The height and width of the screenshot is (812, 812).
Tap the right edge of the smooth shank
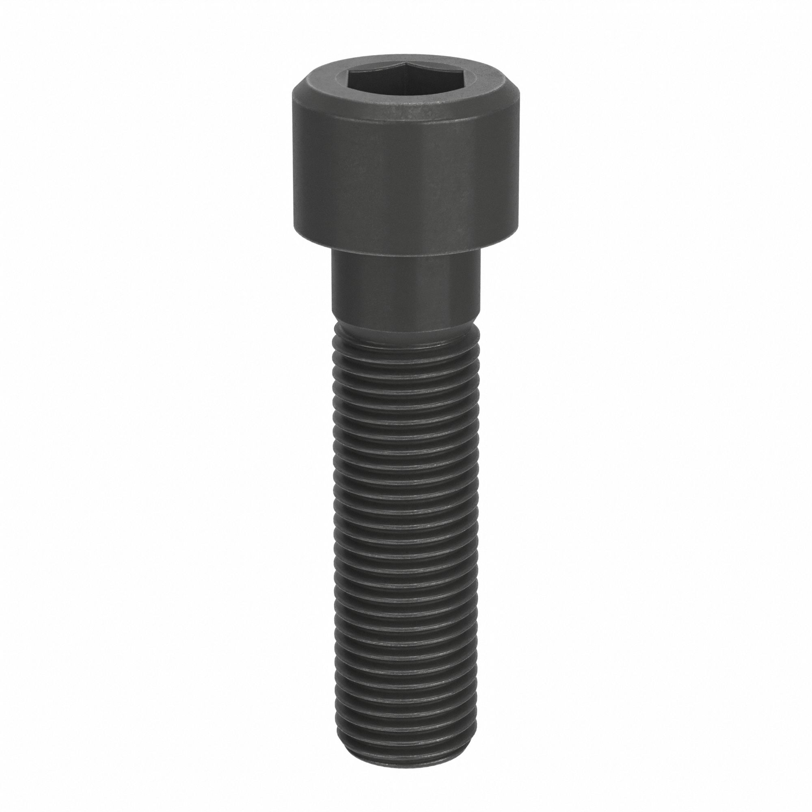(479, 290)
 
